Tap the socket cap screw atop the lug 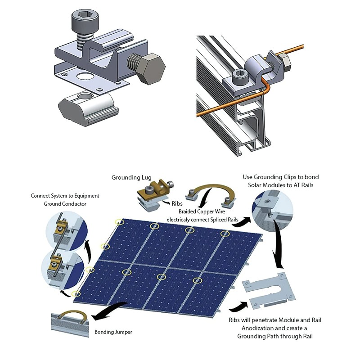[x=83, y=22]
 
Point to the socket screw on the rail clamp [x=238, y=75]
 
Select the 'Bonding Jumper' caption [x=113, y=333]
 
